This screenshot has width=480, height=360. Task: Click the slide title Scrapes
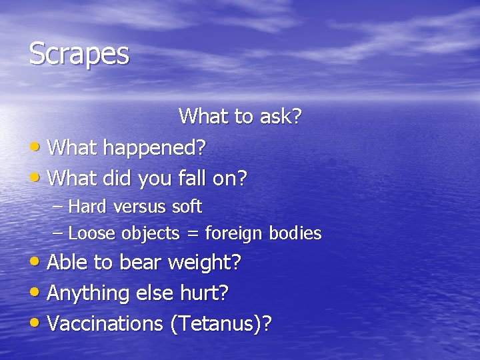pos(79,54)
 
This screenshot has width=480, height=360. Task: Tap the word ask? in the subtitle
pos(278,117)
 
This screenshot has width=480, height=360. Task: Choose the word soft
pos(186,207)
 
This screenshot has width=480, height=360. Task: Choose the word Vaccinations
pos(105,324)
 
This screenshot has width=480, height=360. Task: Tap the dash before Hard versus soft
pos(57,207)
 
